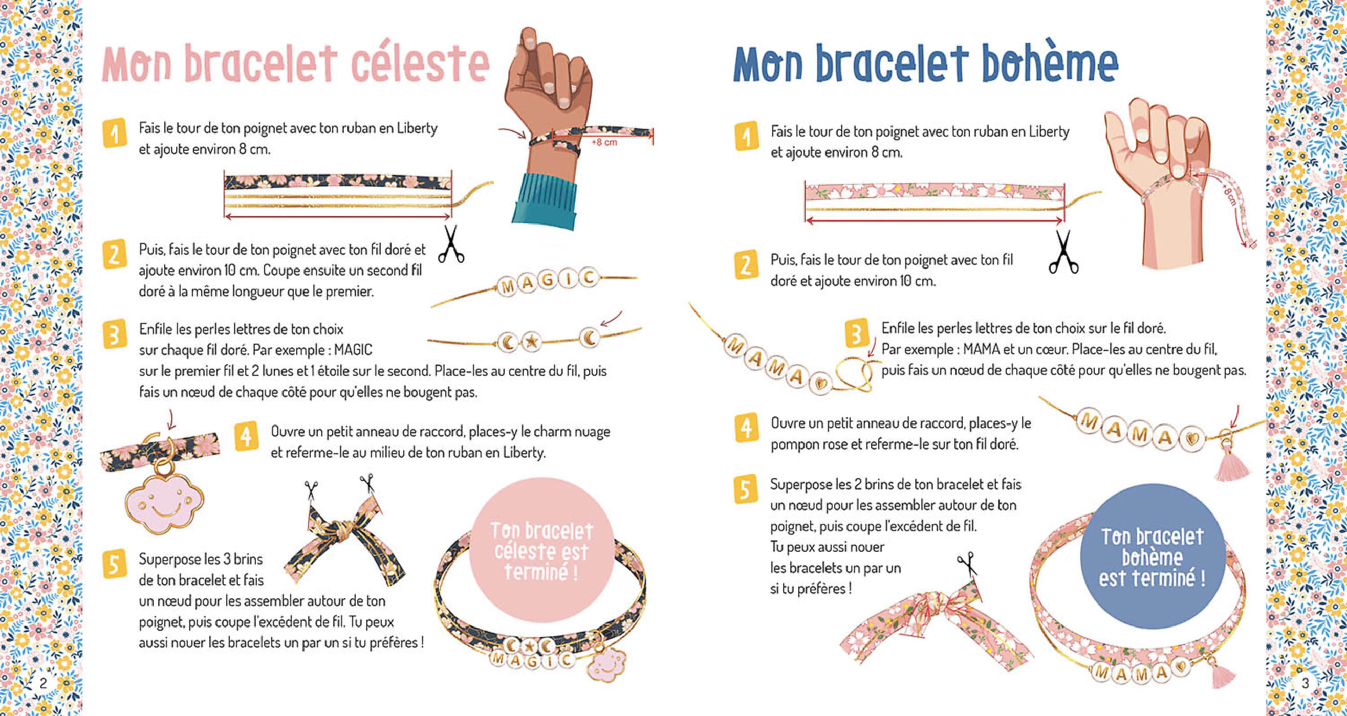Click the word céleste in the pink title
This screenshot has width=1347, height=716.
pos(420,64)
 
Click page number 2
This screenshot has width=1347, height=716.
pos(43,683)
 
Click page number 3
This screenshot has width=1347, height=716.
pos(1305,683)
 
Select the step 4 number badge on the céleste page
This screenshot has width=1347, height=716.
pos(246,436)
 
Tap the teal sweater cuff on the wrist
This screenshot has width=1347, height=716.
pos(546,200)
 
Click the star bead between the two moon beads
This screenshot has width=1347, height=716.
pos(531,342)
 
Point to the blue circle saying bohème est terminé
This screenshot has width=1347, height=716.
pos(1153,556)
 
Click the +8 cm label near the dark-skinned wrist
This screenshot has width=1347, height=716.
pos(604,142)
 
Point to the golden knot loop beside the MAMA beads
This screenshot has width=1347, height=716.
pos(853,374)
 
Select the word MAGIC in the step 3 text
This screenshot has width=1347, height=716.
pos(353,350)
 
